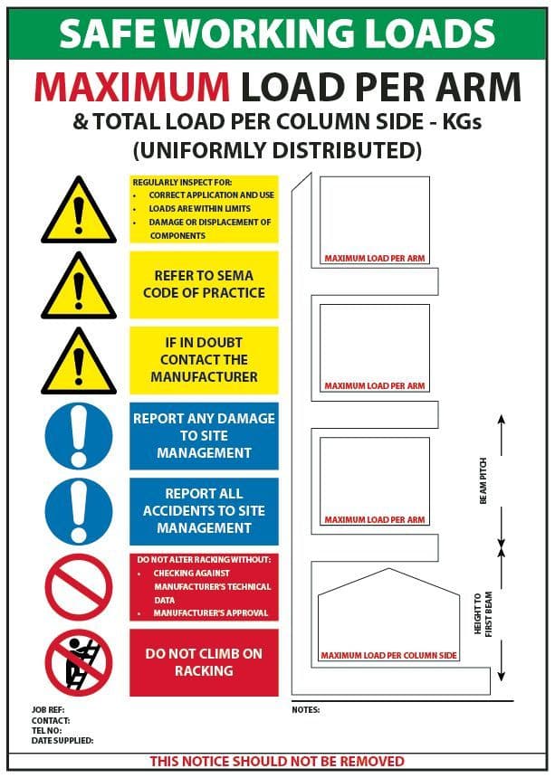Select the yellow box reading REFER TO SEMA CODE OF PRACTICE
point(204,284)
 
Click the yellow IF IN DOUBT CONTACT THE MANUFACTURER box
point(204,360)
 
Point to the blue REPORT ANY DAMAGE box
point(204,436)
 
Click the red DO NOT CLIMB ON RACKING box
point(204,662)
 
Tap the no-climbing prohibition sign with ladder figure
point(79,662)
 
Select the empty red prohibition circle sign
point(79,587)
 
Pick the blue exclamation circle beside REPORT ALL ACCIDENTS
point(79,511)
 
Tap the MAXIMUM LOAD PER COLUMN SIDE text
point(388,655)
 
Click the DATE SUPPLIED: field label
point(56,740)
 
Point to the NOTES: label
point(306,710)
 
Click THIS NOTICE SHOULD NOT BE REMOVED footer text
point(277,761)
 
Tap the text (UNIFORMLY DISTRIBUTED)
point(277,148)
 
